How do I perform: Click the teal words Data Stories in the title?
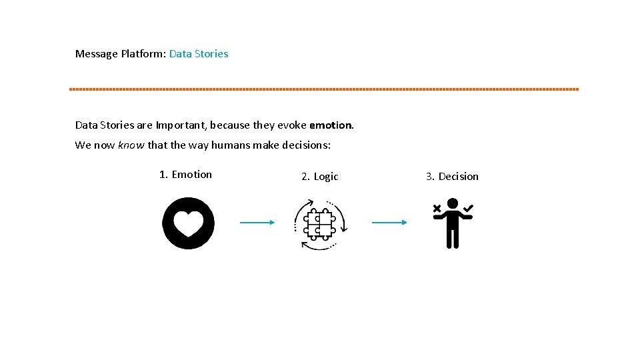pos(199,54)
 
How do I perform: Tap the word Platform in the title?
pos(143,54)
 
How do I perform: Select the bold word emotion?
pos(331,125)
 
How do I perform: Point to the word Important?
pos(180,125)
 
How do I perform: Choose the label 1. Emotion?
pos(185,175)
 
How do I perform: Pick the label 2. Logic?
pos(320,177)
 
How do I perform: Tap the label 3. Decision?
pos(452,177)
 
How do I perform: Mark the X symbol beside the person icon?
pos(437,209)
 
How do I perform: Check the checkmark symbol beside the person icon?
pos(469,209)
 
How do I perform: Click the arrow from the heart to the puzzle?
pos(257,223)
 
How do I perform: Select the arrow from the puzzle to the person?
pos(389,223)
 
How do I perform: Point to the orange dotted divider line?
pos(324,89)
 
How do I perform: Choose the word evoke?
pos(287,125)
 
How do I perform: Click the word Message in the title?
pos(97,54)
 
